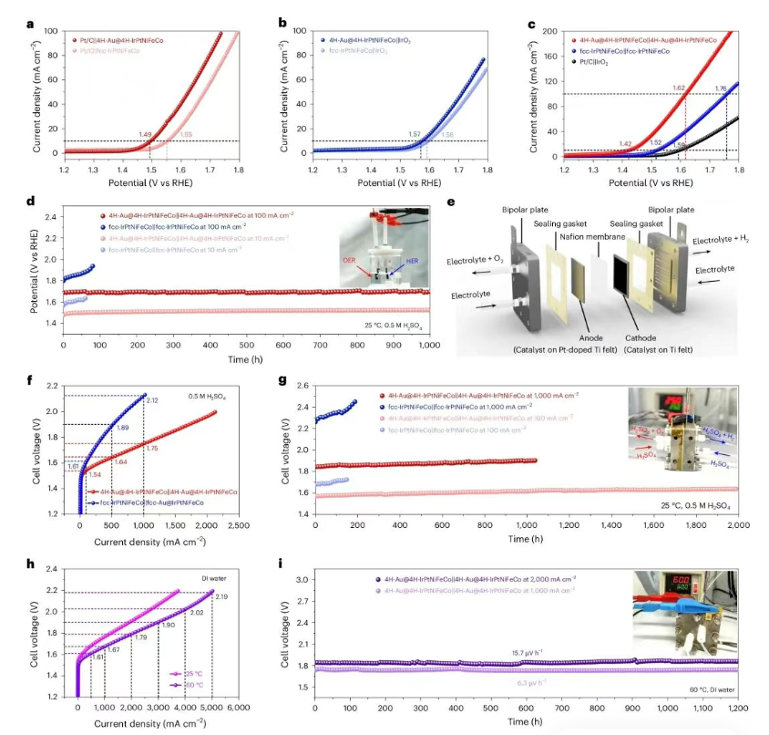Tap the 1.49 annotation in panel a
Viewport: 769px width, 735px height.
(145, 135)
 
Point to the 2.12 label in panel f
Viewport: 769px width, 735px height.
(151, 399)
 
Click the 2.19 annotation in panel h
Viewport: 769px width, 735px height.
(220, 596)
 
